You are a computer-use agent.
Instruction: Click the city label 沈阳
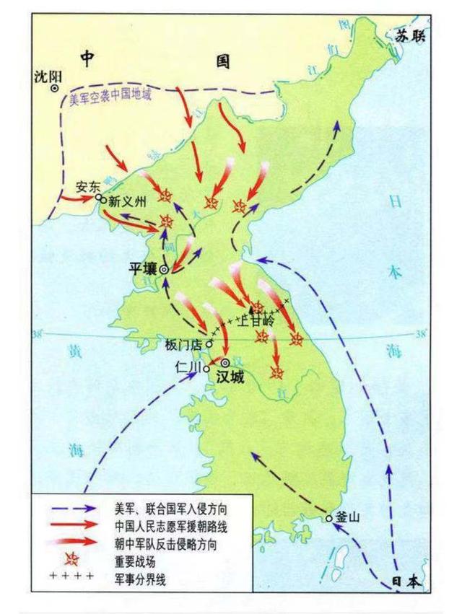(48, 76)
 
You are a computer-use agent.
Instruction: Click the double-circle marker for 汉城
(225, 362)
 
